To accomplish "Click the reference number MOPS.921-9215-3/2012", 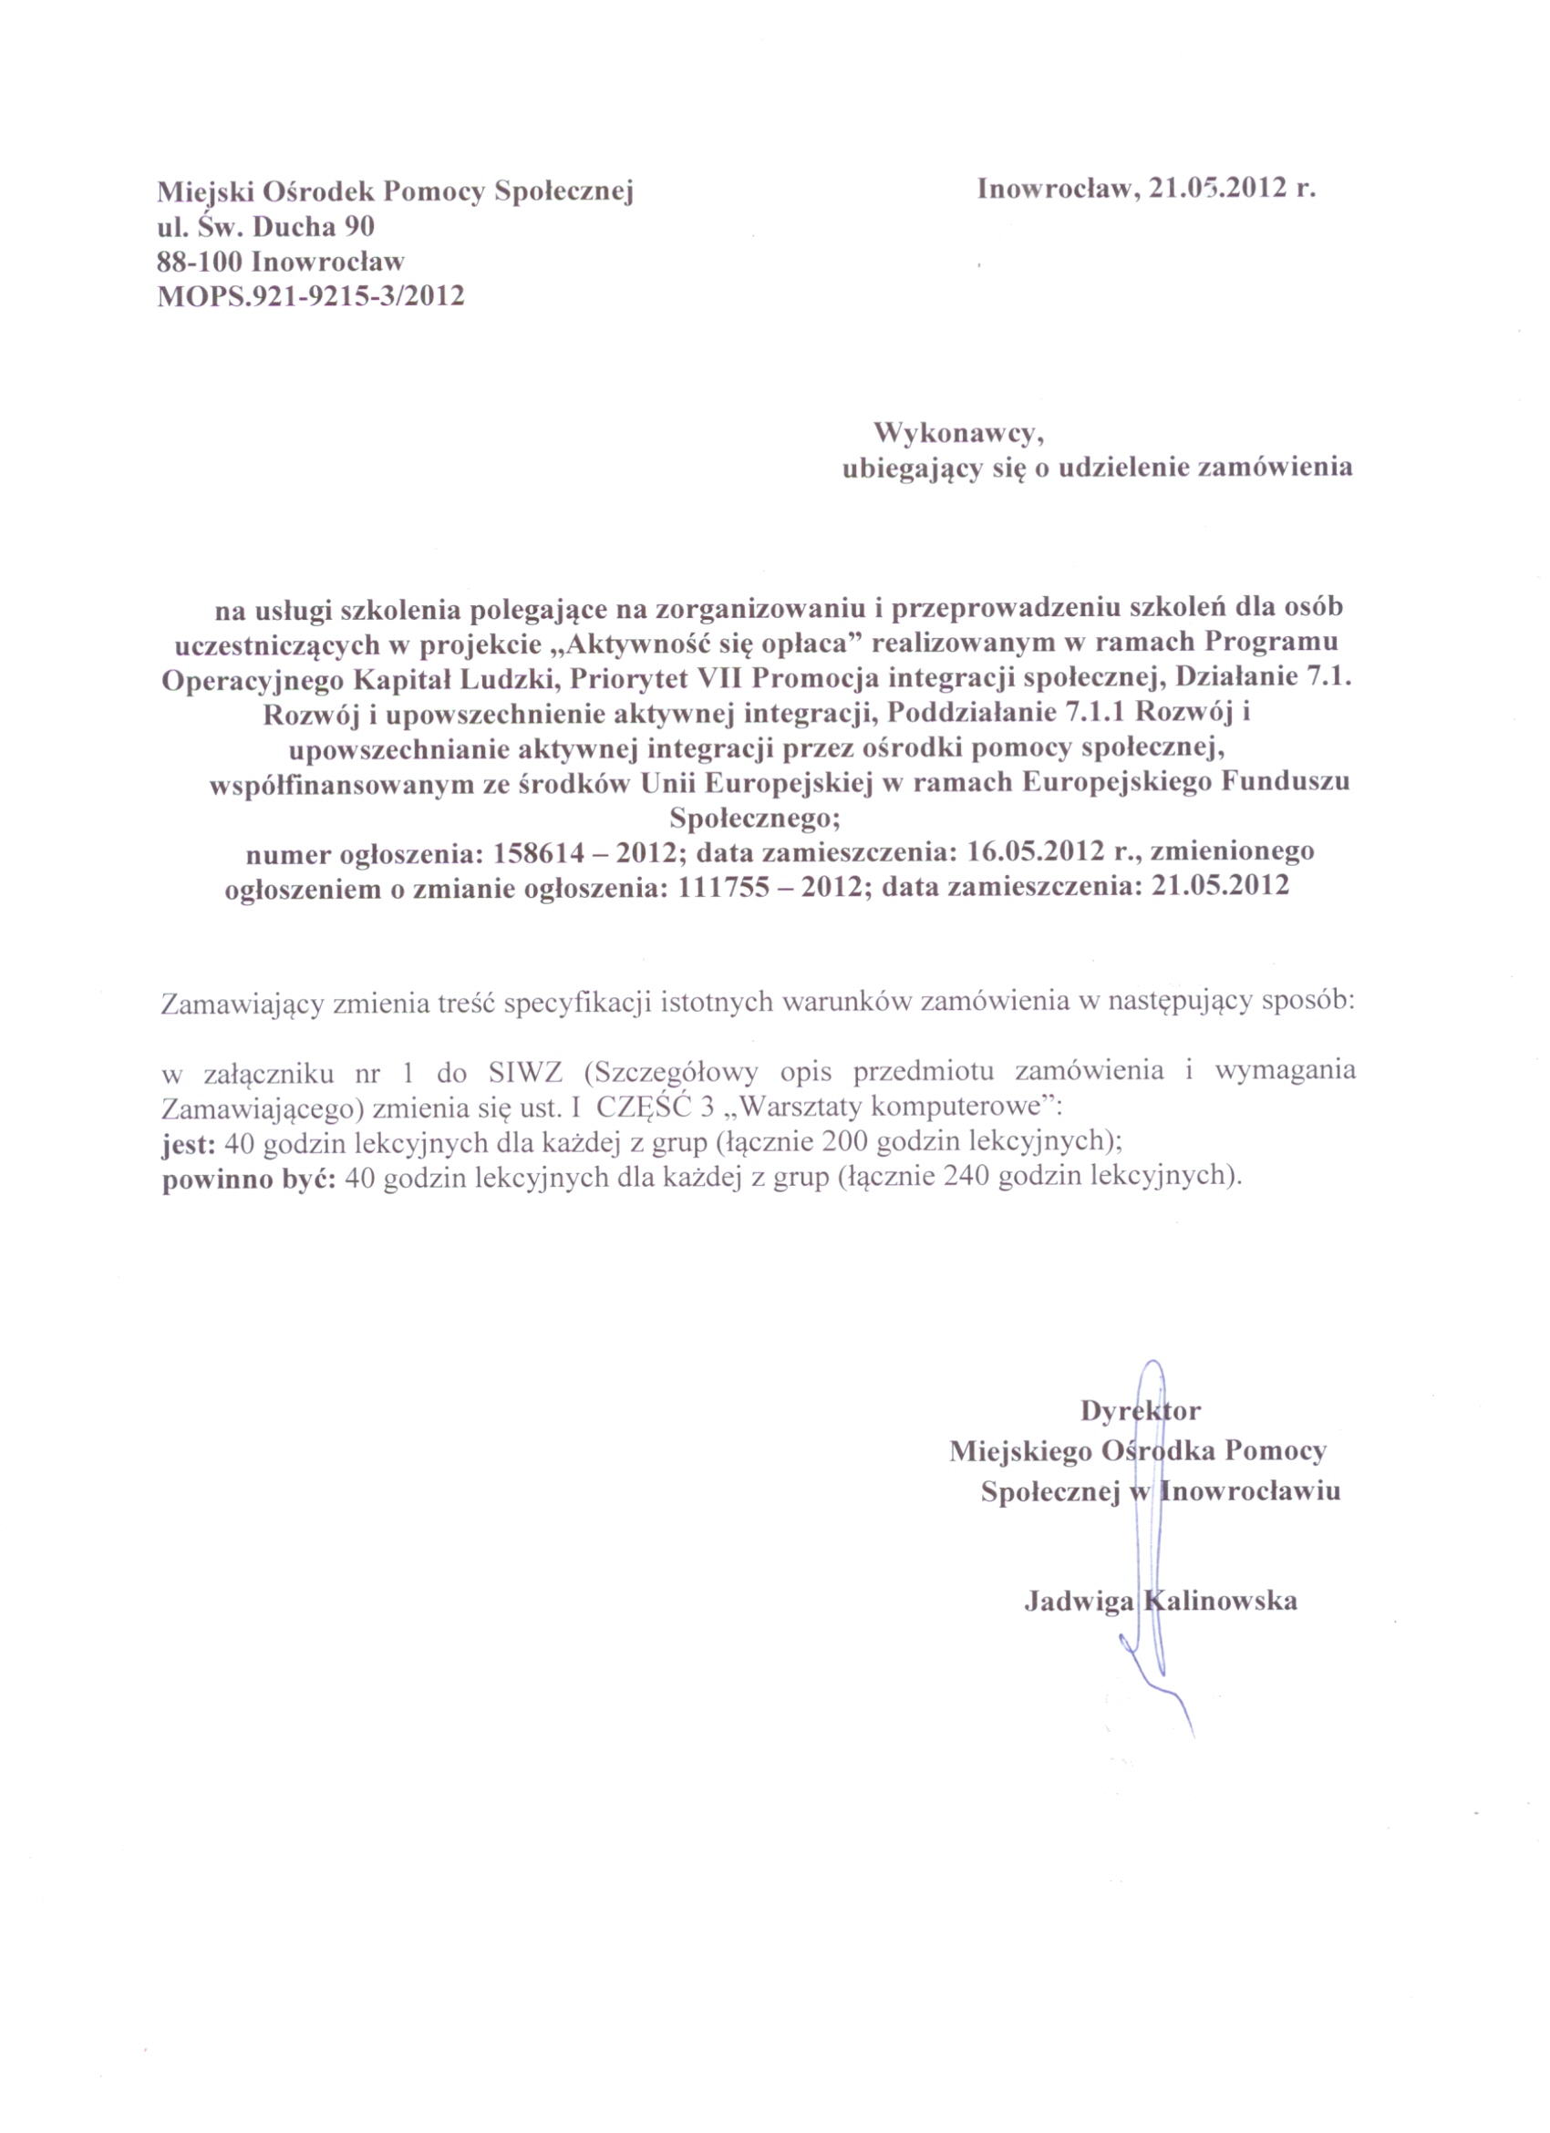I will [x=310, y=296].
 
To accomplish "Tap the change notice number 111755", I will [x=728, y=887].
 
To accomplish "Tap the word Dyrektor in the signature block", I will [x=1140, y=1411].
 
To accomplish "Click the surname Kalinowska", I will [x=1221, y=1602].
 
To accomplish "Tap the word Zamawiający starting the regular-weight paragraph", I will [x=243, y=1003].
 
